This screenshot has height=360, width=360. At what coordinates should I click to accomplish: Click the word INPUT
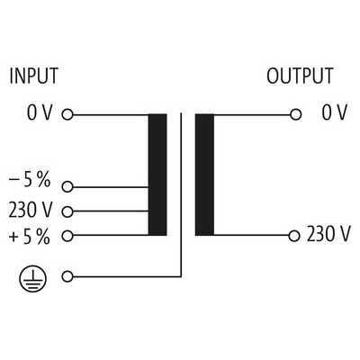(x=33, y=76)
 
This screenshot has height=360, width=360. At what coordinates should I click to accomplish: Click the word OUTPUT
(x=300, y=76)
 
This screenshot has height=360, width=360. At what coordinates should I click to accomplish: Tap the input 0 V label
(x=40, y=112)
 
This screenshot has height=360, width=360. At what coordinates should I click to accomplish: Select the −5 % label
(x=30, y=180)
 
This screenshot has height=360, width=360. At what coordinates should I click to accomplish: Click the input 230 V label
(x=31, y=210)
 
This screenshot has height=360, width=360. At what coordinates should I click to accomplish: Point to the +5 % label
(x=30, y=237)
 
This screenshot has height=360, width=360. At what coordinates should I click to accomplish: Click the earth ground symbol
(x=33, y=279)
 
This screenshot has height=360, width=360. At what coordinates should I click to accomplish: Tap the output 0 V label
(x=335, y=112)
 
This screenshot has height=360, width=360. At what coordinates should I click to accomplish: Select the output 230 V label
(x=328, y=234)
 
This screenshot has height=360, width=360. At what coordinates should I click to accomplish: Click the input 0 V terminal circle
(x=67, y=114)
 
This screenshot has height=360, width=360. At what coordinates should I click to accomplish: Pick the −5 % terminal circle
(x=67, y=187)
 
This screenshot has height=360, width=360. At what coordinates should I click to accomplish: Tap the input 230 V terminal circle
(x=67, y=211)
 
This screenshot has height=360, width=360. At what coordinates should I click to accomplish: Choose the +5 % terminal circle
(x=67, y=236)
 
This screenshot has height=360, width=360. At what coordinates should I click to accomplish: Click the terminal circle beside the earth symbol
(x=67, y=276)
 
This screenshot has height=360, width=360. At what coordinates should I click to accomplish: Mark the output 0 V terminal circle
(x=296, y=114)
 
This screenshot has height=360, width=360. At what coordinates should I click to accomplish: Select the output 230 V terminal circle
(x=294, y=236)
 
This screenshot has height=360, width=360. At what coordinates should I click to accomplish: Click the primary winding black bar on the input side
(x=157, y=175)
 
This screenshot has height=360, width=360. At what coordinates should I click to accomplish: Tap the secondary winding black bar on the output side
(x=204, y=175)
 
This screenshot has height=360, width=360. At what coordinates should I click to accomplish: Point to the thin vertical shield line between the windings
(x=181, y=194)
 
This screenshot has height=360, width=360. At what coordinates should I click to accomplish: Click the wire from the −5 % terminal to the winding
(x=111, y=187)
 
